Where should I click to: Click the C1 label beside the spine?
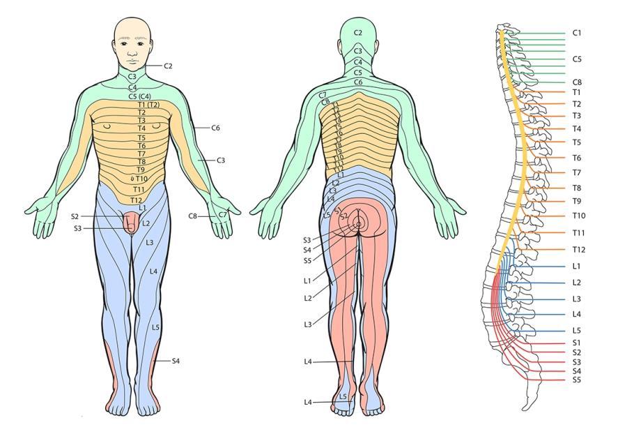[576, 33]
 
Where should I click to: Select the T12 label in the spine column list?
[578, 249]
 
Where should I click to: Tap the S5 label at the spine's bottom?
[576, 380]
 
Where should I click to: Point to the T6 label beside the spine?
[576, 158]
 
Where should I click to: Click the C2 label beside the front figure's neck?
[168, 66]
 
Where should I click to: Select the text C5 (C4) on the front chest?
[140, 96]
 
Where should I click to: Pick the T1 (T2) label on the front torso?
[147, 105]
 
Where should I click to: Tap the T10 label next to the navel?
[141, 179]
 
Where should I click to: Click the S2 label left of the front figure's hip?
[75, 216]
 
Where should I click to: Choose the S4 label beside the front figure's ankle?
[176, 361]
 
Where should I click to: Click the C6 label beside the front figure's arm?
[215, 128]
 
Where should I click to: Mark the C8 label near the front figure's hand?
[193, 216]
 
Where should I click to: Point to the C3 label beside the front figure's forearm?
[220, 160]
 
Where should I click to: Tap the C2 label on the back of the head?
[358, 33]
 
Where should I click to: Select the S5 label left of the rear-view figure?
[307, 260]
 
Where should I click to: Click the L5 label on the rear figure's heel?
[343, 396]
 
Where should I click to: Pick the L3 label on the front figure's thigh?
[149, 243]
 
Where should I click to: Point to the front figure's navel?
[132, 179]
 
